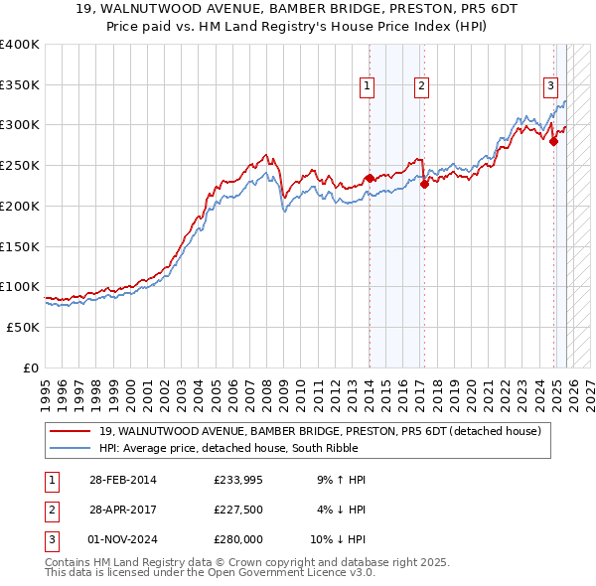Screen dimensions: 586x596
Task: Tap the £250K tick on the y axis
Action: [20, 166]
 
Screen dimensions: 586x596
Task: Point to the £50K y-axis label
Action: [23, 327]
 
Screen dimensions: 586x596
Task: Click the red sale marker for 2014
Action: [370, 178]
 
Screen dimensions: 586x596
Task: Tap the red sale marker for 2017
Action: [424, 183]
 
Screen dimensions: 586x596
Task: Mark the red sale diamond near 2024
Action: [553, 141]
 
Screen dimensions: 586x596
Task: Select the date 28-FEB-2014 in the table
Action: [122, 480]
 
